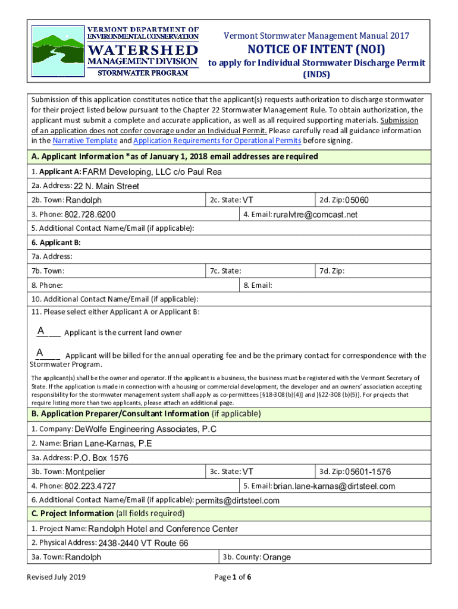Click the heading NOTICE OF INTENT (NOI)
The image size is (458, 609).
pos(316,49)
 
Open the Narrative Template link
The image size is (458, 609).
pos(85,141)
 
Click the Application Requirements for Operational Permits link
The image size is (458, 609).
pos(218,141)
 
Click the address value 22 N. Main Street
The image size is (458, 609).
pos(106,186)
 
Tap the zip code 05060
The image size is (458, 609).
pos(357,200)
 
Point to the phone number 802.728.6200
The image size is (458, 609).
pos(90,215)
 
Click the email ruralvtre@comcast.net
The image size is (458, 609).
pos(315,215)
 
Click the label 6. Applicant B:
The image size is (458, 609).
pos(56,243)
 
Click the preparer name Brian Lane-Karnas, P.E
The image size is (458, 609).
pos(107,444)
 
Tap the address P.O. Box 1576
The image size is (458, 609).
pos(101,458)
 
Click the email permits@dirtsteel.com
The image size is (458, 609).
pos(237,501)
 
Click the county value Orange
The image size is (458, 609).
pos(277,557)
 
